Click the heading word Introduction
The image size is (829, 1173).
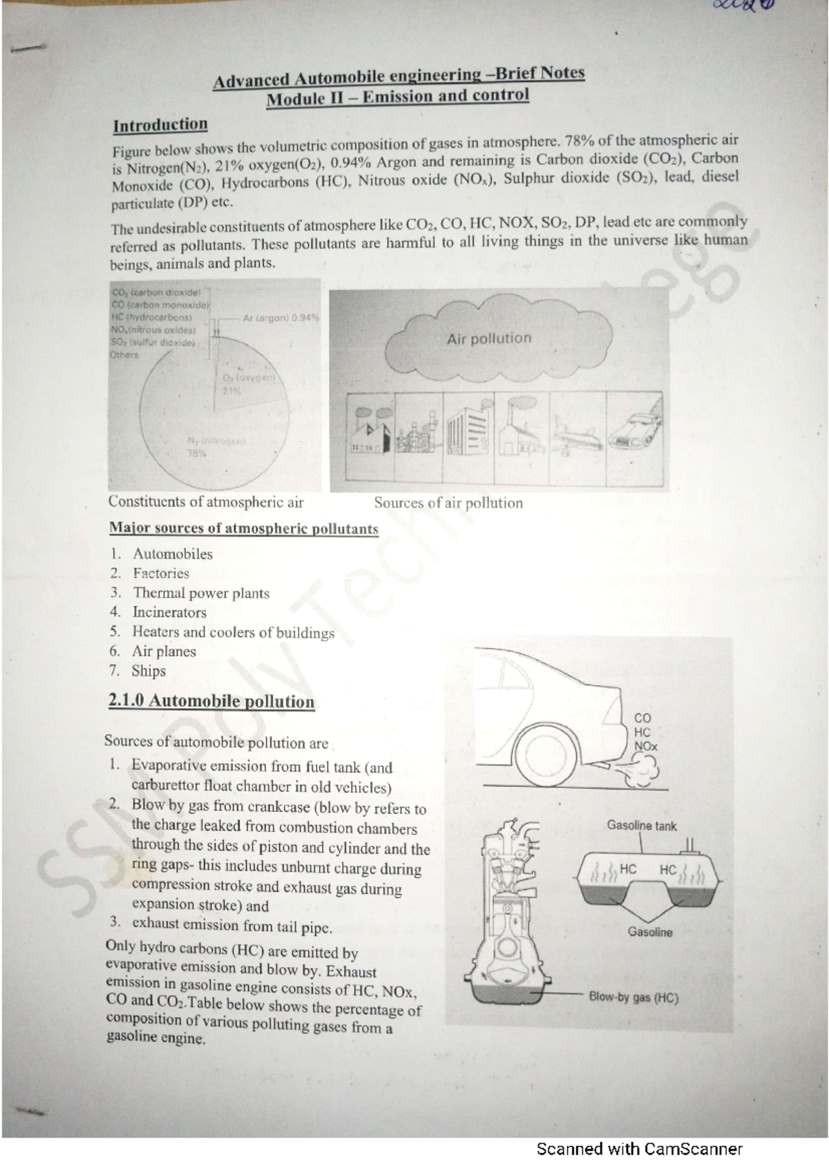click(x=160, y=125)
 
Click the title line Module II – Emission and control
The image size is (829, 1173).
click(x=398, y=96)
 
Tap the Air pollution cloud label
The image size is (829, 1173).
click(x=489, y=338)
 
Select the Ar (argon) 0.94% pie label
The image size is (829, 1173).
click(x=281, y=318)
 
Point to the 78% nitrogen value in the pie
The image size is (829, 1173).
click(x=196, y=453)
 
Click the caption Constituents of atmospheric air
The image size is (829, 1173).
click(x=206, y=502)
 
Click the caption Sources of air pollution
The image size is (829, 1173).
click(x=448, y=503)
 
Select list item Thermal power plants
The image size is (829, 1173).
click(x=200, y=593)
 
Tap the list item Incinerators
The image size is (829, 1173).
click(x=169, y=612)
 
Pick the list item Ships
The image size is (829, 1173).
click(x=149, y=671)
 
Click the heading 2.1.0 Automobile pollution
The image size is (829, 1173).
click(x=211, y=701)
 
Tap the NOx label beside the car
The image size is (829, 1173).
click(x=646, y=746)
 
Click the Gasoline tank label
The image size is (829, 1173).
click(x=642, y=826)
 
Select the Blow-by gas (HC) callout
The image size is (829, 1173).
click(x=633, y=998)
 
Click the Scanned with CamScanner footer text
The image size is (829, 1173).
click(x=639, y=1149)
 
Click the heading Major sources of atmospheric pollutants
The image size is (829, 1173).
click(x=244, y=528)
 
